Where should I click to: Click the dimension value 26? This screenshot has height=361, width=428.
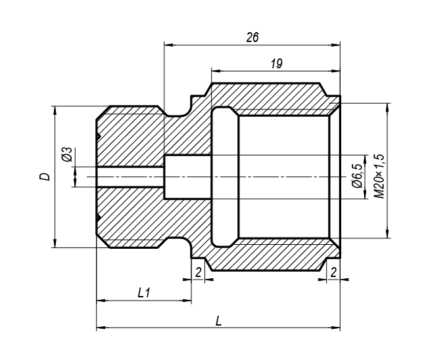coord(252,37)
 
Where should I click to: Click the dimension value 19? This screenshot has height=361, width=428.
coord(277,64)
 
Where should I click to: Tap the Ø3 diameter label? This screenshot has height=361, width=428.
coord(67,154)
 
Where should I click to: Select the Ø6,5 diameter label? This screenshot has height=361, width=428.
coord(357,176)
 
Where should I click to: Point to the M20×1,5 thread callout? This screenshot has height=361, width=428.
coord(379,177)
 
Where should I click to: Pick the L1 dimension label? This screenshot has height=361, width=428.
coord(144,293)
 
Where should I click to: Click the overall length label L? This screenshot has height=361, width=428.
coord(218,321)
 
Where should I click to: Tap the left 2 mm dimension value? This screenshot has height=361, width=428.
coord(199,272)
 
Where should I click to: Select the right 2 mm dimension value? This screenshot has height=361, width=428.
coord(333,272)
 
